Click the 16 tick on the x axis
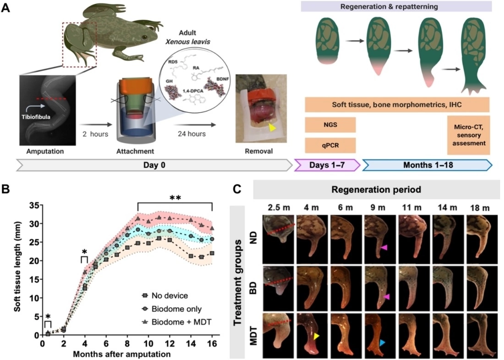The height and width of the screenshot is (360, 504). click(212, 343)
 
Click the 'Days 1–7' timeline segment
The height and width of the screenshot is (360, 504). click(326, 164)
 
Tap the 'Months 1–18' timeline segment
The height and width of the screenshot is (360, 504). click(427, 164)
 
